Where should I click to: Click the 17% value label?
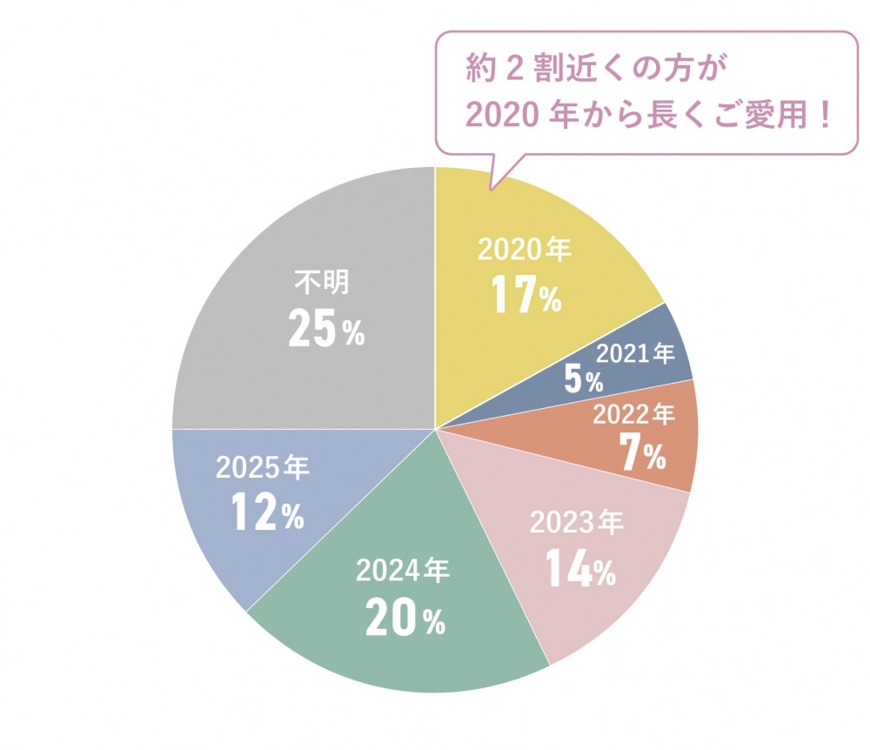coord(526,296)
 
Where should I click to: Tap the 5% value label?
coord(582,378)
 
